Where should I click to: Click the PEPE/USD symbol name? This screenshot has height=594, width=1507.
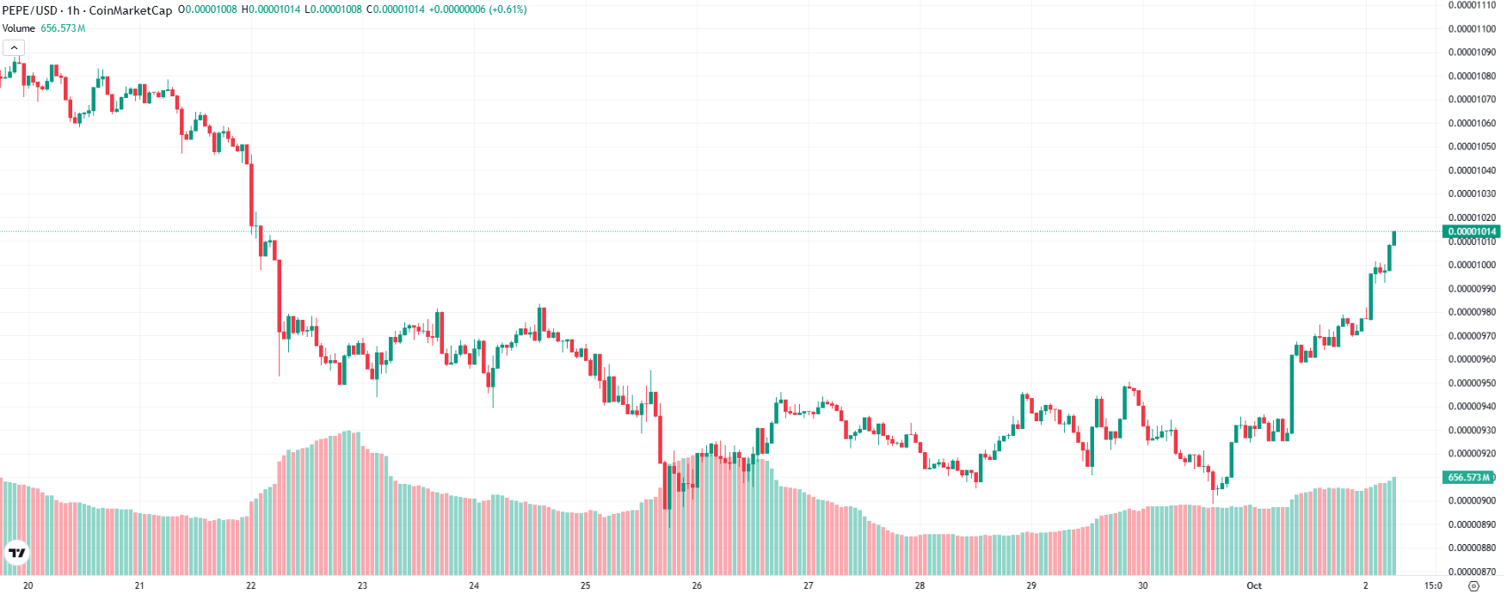tap(29, 10)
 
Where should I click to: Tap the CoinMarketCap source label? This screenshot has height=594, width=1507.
tap(131, 10)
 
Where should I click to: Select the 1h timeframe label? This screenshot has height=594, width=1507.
tap(73, 10)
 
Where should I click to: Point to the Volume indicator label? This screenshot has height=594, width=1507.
tap(19, 28)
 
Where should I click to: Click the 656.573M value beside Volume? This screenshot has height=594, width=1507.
tap(63, 28)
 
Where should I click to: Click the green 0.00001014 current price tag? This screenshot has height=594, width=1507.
tap(1472, 231)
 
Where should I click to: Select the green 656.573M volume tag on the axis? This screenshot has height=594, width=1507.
tap(1468, 477)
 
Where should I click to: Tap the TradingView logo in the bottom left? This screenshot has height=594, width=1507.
tap(16, 553)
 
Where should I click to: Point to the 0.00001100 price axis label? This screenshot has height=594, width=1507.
tap(1472, 29)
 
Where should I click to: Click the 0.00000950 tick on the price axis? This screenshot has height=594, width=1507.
tap(1472, 383)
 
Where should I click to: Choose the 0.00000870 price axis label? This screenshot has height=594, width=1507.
tap(1472, 572)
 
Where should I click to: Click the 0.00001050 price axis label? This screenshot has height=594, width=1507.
tap(1472, 147)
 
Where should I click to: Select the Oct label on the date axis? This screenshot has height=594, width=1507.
tap(1254, 585)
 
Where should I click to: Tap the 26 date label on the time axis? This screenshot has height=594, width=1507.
tap(697, 585)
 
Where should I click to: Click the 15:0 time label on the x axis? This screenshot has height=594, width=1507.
tap(1433, 585)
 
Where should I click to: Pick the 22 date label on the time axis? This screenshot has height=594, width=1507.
tap(251, 585)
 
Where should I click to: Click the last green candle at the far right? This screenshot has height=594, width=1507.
tap(1393, 238)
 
